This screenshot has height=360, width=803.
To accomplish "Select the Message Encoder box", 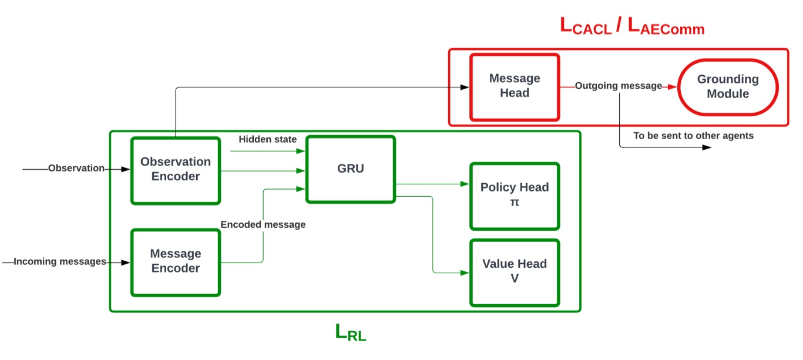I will (176, 261).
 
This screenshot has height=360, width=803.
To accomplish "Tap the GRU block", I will (350, 169).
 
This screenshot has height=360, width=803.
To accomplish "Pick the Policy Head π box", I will (514, 196).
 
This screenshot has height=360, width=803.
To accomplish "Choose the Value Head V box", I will (514, 272).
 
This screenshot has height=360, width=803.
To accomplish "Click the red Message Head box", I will (514, 86).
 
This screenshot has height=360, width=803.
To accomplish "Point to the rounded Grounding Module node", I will (727, 86).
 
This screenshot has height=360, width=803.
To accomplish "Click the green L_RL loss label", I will (350, 332).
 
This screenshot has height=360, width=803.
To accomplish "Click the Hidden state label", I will (268, 139).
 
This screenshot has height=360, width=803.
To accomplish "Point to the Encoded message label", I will (263, 224).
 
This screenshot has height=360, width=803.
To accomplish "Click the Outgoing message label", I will (618, 86).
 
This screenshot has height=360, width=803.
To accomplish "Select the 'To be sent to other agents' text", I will (693, 136).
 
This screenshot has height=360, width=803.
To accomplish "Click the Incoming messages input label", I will (59, 261).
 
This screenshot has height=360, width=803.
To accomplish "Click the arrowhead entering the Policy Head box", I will (465, 184).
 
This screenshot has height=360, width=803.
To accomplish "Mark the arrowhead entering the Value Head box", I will (465, 272).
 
